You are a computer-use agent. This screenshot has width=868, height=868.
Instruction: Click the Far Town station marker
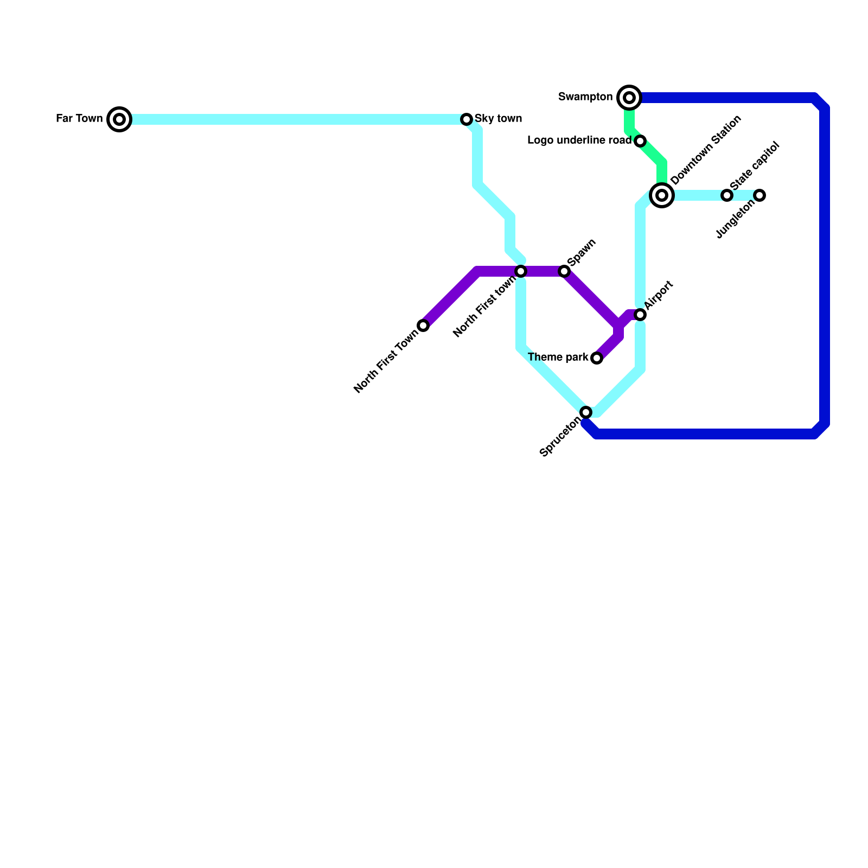point(119,119)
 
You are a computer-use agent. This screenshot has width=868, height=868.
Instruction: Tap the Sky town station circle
point(467,119)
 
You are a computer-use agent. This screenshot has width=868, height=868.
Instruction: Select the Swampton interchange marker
point(629,98)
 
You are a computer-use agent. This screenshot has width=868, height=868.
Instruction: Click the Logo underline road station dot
point(640,141)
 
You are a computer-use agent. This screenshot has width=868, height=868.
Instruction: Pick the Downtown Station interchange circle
point(662,195)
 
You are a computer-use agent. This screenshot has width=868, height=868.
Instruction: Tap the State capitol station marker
point(727,195)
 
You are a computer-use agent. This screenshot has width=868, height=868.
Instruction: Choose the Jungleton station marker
point(760,195)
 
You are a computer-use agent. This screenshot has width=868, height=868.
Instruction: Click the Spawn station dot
point(564,271)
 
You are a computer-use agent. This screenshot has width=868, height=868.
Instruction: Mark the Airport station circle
point(640,315)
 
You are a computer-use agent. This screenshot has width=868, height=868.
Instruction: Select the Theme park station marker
point(597,358)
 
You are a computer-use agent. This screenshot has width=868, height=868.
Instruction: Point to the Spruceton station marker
point(586,412)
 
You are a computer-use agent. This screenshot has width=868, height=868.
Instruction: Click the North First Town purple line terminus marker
point(423,325)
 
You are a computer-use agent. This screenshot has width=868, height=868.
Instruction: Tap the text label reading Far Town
point(79,118)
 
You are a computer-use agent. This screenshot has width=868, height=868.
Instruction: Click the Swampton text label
point(585,97)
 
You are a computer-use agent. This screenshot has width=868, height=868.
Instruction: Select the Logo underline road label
point(579,141)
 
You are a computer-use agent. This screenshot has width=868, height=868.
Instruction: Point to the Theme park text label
point(558,358)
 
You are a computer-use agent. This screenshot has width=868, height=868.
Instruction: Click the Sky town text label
point(498,118)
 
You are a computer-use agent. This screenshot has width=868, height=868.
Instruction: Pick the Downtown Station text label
point(706,150)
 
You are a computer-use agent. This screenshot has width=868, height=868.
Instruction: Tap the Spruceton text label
point(560,437)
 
